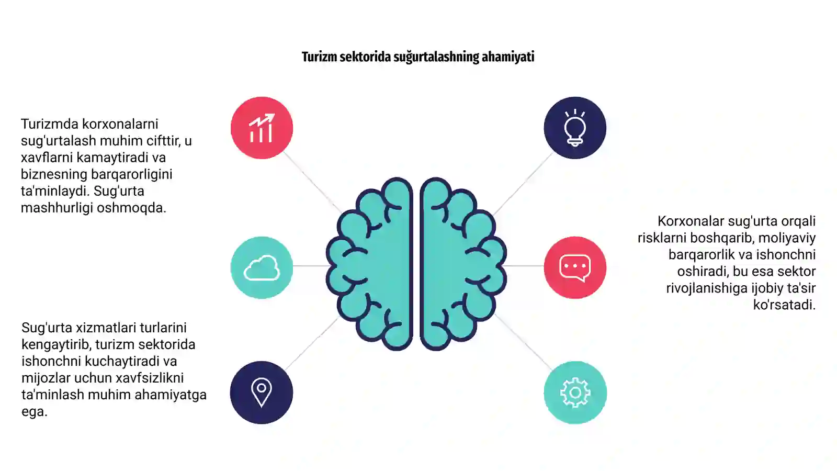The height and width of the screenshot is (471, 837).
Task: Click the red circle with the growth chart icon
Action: (x=262, y=128)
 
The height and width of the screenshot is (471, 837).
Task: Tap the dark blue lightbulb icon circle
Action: (x=575, y=128)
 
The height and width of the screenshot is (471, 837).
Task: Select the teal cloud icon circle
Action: (x=262, y=267)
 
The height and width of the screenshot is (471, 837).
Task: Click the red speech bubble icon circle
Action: (x=575, y=267)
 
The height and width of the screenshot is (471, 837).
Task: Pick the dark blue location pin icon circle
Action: (x=262, y=392)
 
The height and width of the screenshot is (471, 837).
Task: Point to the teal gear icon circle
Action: (x=575, y=392)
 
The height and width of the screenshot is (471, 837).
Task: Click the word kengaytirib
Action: (x=58, y=345)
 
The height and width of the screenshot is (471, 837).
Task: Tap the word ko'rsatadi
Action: (x=784, y=305)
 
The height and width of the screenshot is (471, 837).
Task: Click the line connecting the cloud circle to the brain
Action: (x=310, y=266)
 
